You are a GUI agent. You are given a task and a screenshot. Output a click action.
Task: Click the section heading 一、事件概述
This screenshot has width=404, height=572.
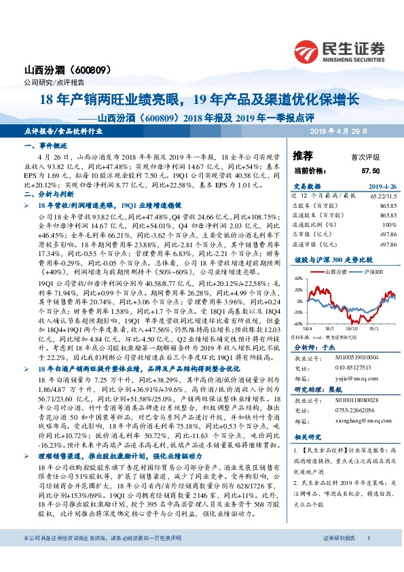(43, 147)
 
